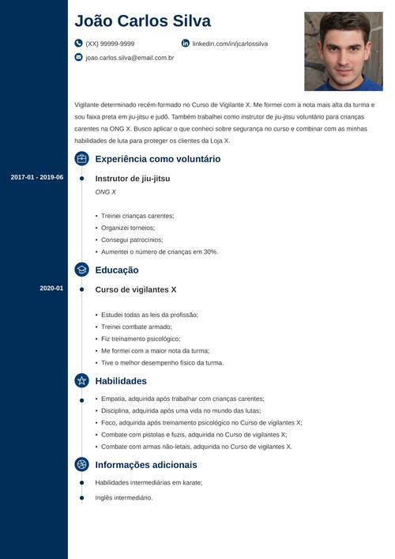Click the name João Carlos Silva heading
click(x=143, y=21)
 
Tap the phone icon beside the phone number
click(x=78, y=43)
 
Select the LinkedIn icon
click(x=186, y=43)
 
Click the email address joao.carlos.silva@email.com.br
click(x=130, y=58)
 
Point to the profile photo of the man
click(x=343, y=51)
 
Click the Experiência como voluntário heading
click(x=157, y=159)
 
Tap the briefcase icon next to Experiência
click(x=81, y=159)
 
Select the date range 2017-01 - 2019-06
click(x=37, y=177)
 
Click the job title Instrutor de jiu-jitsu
click(x=133, y=179)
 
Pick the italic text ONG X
click(x=105, y=192)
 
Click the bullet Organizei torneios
click(x=132, y=228)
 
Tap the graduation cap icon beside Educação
click(x=81, y=270)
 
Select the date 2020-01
click(x=51, y=289)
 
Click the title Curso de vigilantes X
click(x=136, y=289)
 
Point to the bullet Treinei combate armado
click(x=136, y=327)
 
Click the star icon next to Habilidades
click(x=81, y=380)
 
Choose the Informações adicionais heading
click(x=146, y=465)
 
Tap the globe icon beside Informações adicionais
click(x=81, y=465)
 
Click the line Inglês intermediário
click(x=123, y=497)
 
